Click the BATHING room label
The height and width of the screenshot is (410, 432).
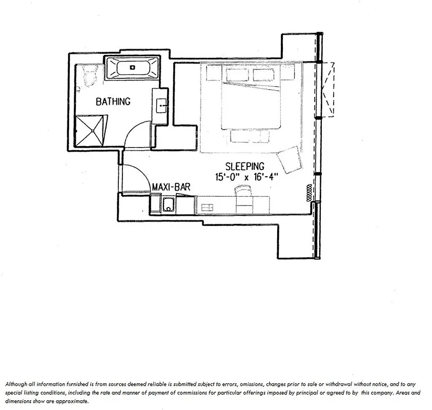(x=113, y=101)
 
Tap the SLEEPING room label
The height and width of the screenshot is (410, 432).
(x=245, y=166)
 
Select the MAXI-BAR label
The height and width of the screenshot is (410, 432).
(x=171, y=188)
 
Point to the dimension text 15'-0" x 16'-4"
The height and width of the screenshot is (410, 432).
(x=246, y=176)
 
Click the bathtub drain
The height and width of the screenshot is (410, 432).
(x=132, y=67)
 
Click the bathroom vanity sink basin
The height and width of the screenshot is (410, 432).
(x=161, y=107)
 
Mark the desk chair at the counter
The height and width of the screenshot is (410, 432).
(x=242, y=191)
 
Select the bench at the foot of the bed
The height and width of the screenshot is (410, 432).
(x=250, y=136)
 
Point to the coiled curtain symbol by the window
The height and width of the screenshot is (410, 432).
(x=309, y=193)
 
